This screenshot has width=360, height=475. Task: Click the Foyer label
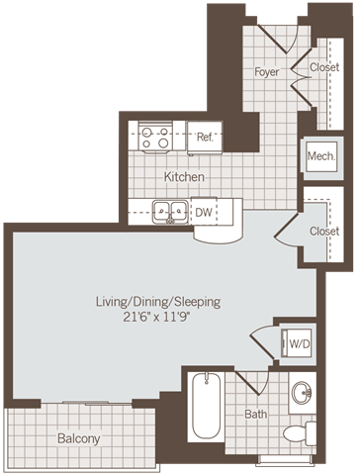[x=266, y=72]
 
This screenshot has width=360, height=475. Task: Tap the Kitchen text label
[x=184, y=177]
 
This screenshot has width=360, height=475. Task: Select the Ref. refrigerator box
[x=206, y=137]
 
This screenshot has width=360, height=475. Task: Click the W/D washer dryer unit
[x=298, y=343]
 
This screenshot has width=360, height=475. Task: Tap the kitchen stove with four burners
[x=155, y=137]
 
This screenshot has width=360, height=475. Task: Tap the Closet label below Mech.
[x=323, y=231]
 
